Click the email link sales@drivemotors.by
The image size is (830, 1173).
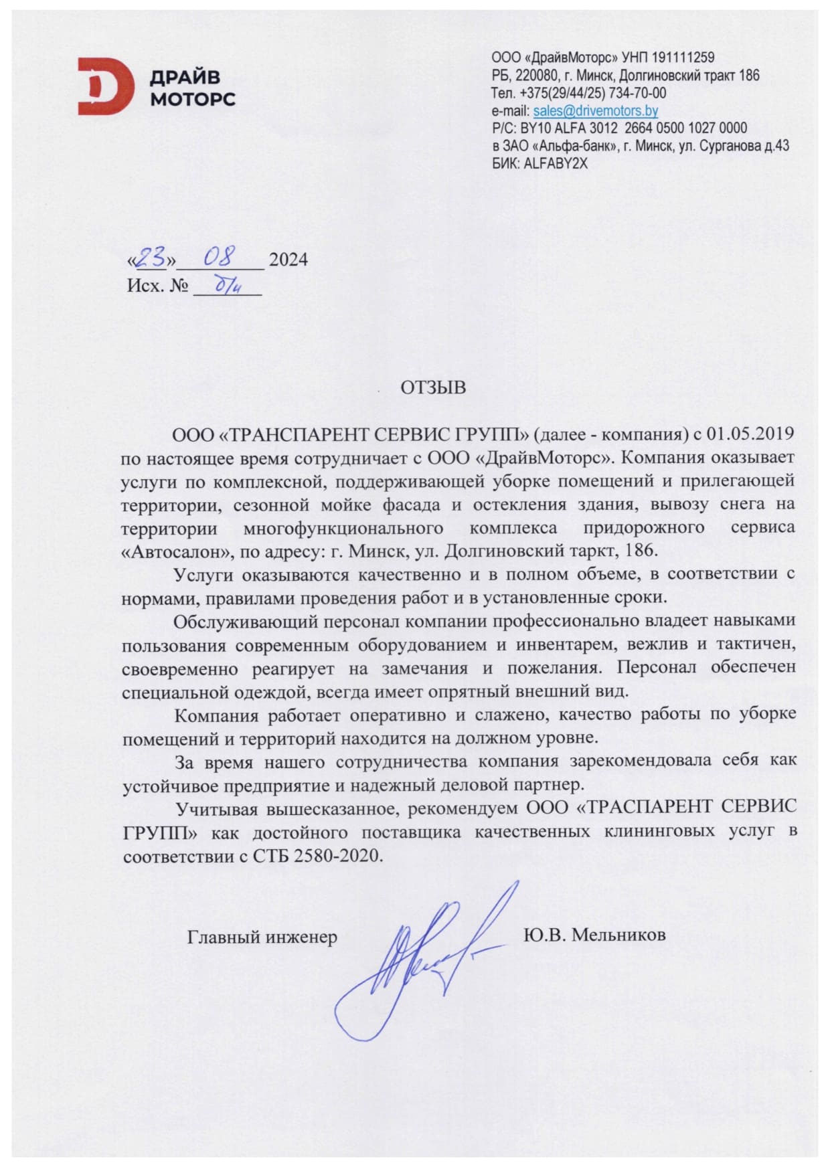point(595,111)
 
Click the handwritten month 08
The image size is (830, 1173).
point(221,256)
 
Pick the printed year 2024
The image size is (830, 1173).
point(288,260)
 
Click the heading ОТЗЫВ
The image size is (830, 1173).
point(433,387)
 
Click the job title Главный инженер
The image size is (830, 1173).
point(262,937)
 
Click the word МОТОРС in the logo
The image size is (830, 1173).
point(192,100)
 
